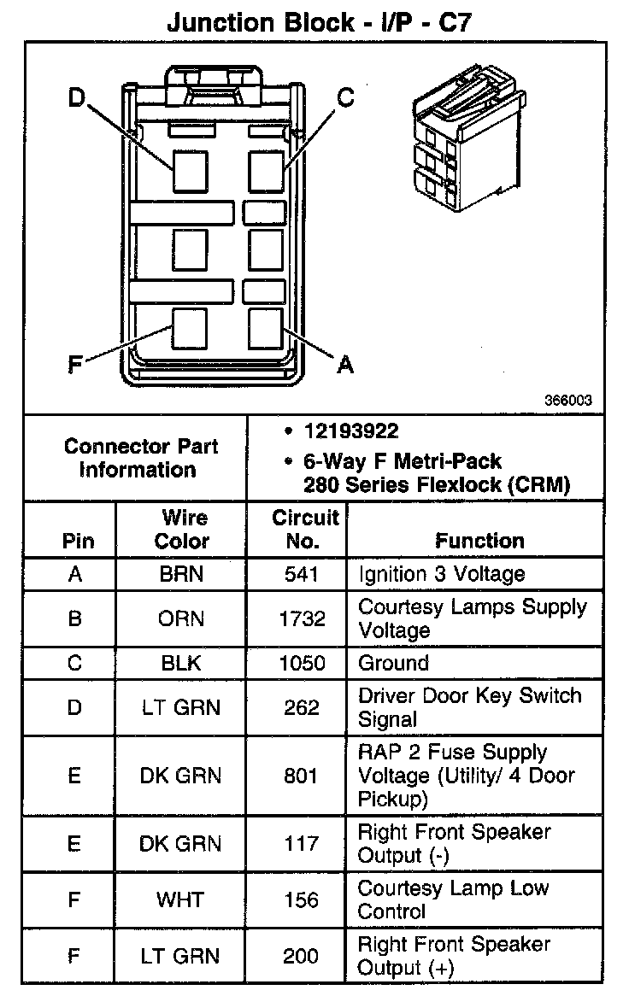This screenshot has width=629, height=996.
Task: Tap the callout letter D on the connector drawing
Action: pos(77,100)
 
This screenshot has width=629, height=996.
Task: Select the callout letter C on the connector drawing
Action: pos(344,97)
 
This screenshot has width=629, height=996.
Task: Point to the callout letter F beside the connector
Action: pos(75,366)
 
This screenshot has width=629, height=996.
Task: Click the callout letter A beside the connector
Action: pos(344,366)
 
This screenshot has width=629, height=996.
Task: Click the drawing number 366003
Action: pos(569,400)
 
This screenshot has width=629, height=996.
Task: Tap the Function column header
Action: pos(479,541)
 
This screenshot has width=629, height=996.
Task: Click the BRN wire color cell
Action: pos(181,574)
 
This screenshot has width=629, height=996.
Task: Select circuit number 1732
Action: pos(301,618)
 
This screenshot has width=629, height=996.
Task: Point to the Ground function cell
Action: pos(393,664)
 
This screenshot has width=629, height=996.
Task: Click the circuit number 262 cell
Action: pos(301,708)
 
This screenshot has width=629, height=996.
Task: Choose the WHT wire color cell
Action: pos(181,900)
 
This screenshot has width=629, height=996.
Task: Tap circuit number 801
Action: pos(301,776)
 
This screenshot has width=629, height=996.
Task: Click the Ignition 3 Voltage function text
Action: pos(441,574)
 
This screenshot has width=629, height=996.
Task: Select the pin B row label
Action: pos(75,618)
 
